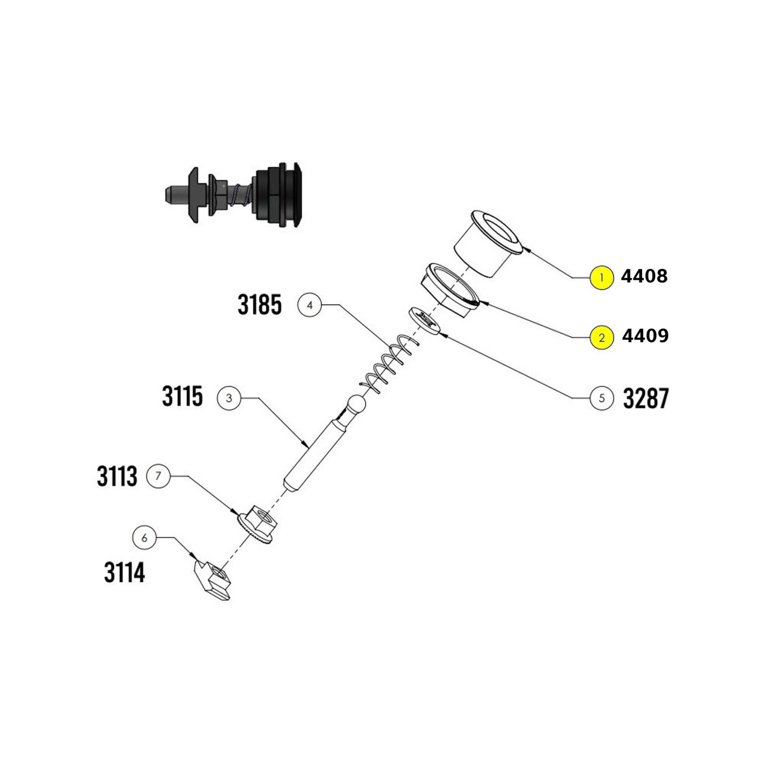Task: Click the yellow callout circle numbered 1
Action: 601,277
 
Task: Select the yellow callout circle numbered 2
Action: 601,338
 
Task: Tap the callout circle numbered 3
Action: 229,398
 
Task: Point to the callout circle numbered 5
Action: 601,398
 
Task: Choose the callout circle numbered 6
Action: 144,538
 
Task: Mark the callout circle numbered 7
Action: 158,476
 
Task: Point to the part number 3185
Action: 260,305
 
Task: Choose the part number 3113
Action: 117,476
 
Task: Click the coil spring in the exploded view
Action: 390,364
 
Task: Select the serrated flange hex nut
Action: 257,524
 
